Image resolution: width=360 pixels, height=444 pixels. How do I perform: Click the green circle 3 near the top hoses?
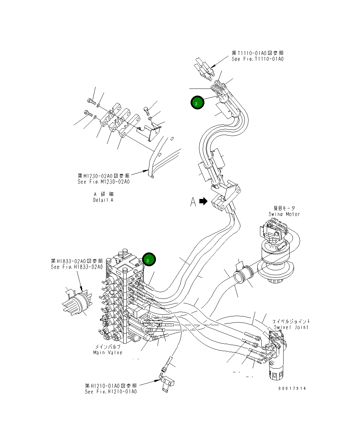click(197, 103)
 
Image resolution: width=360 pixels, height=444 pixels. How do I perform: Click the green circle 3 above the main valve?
click(149, 259)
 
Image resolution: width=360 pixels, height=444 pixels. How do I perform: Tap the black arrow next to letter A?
click(203, 201)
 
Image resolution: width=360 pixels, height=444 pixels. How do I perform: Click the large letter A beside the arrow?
click(193, 202)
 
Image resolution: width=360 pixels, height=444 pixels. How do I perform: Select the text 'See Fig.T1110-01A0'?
click(257, 59)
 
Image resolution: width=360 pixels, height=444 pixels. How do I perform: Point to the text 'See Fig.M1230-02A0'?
click(103, 182)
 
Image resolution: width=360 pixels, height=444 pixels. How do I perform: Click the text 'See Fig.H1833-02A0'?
click(77, 267)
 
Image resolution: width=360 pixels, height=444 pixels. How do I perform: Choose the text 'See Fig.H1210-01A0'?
click(111, 391)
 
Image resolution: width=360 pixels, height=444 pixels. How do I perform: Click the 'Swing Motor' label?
click(284, 214)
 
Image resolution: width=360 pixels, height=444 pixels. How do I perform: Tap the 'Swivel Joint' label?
click(291, 327)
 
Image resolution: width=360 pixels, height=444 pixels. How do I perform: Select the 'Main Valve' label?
click(107, 352)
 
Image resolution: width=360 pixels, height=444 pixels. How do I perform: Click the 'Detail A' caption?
click(103, 200)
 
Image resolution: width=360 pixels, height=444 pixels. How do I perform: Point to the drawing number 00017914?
click(292, 388)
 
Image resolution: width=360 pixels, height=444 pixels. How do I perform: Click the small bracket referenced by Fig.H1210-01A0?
click(167, 382)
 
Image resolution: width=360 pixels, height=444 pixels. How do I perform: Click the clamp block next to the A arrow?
click(219, 203)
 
